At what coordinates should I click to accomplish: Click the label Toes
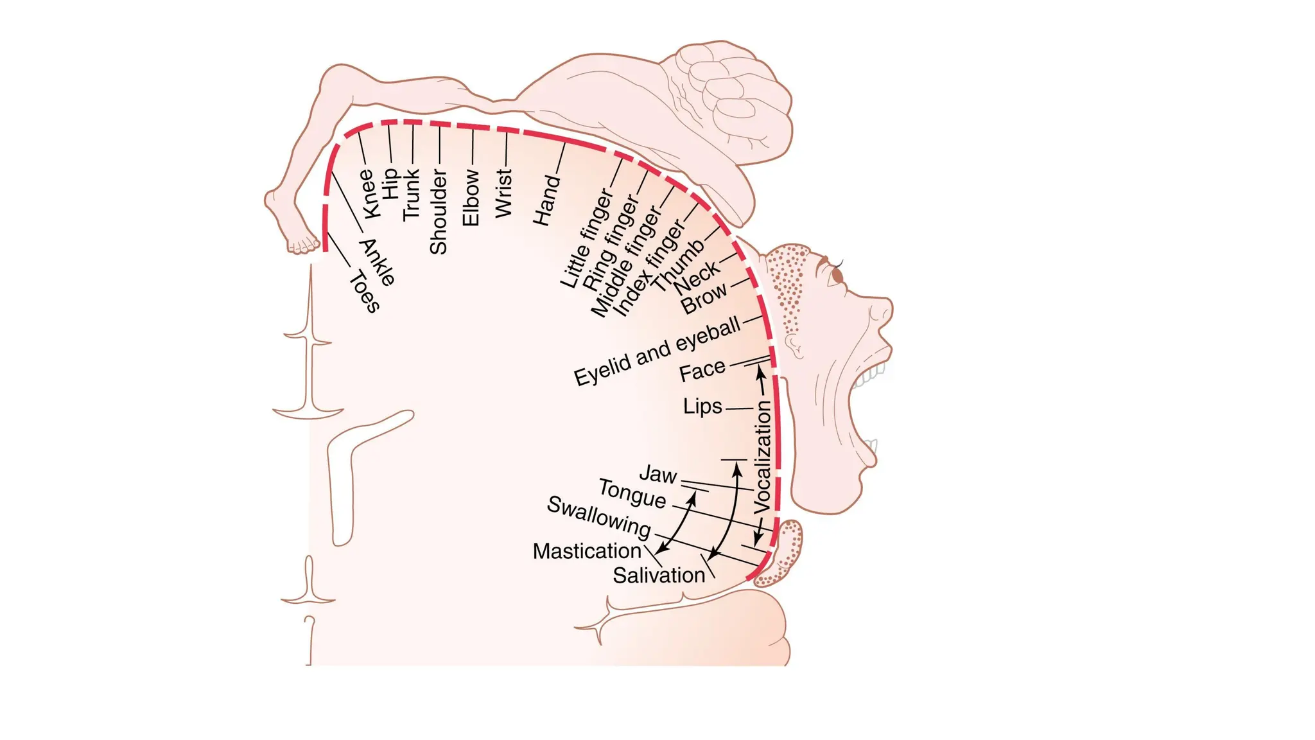click(365, 292)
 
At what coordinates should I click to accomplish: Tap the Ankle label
click(378, 262)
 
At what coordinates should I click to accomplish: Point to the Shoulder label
click(438, 212)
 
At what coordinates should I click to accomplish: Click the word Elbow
click(471, 198)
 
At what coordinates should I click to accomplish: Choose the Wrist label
click(504, 193)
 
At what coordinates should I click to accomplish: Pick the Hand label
click(546, 200)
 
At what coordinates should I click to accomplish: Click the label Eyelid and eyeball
click(657, 353)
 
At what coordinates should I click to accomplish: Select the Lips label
click(702, 407)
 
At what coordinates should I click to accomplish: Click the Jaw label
click(658, 475)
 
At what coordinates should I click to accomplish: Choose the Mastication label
click(587, 551)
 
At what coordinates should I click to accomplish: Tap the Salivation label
click(659, 576)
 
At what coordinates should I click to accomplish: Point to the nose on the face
click(880, 315)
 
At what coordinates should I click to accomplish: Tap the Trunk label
click(411, 195)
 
